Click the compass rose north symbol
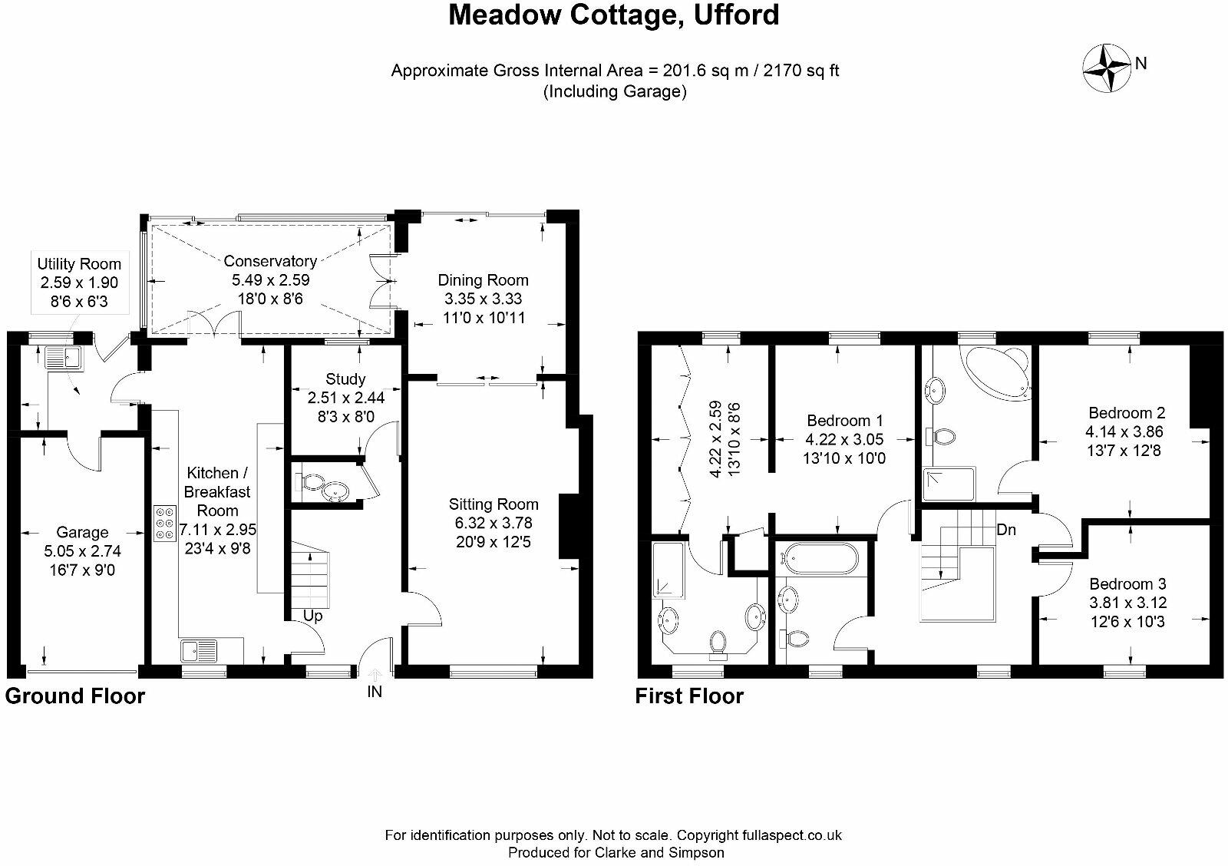point(1107,66)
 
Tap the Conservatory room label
point(270,262)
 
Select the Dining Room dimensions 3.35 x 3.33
point(483,299)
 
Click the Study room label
point(345,379)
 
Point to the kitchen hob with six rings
point(164,523)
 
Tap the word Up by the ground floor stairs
point(313,616)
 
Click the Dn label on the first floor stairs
point(1007,530)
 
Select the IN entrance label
point(375,692)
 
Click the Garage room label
point(82,532)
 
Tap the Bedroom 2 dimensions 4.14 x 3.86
point(1124,432)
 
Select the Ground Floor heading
point(75,696)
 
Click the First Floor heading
point(689,696)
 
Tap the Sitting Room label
point(494,504)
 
